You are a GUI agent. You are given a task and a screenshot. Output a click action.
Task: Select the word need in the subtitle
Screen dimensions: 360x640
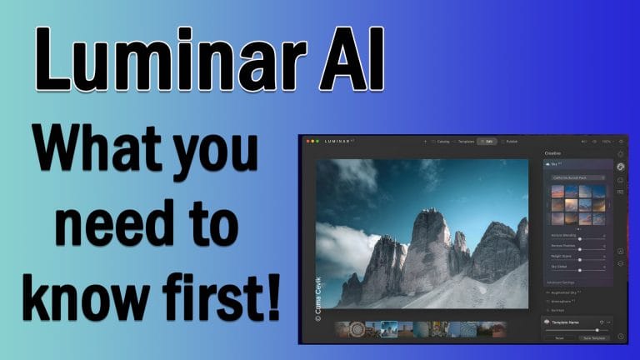point(92,227)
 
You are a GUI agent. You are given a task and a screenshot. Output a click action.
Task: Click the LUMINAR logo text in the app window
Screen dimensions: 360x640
point(341,142)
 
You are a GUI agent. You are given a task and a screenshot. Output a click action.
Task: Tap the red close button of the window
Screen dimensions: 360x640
point(307,142)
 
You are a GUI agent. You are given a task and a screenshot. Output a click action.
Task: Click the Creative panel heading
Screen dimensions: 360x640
point(553,154)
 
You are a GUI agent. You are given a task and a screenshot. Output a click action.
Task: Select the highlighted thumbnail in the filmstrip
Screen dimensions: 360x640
point(389,329)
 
